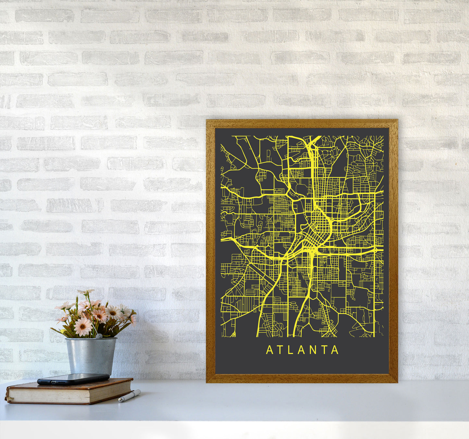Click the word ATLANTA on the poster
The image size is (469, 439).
302,350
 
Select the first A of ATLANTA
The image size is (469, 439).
269,350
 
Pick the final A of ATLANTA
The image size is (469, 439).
336,350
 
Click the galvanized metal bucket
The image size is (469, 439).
91,355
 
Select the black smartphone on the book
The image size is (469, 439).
73,379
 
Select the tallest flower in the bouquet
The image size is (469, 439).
85,292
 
